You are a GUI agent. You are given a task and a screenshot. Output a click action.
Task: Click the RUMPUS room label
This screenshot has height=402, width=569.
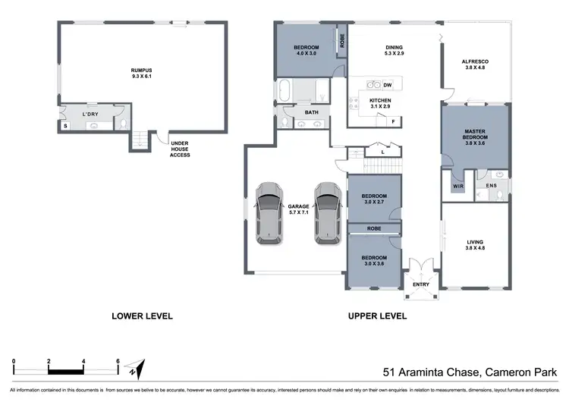(142, 73)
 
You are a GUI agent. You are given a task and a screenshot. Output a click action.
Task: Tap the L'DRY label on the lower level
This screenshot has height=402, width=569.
(90, 115)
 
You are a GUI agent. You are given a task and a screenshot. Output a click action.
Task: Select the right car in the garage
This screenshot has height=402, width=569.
(327, 212)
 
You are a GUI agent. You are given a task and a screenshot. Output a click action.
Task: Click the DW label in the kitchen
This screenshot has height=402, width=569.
(387, 85)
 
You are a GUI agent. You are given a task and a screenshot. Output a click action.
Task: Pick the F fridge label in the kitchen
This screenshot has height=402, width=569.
(394, 121)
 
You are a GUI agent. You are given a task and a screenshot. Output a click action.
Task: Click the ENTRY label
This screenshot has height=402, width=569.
(420, 284)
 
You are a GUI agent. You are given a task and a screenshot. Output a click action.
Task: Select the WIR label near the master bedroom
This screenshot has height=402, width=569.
(457, 184)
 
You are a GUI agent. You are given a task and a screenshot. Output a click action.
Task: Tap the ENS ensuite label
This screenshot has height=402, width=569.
(491, 184)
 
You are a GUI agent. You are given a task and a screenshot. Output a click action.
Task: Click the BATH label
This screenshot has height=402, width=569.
(312, 113)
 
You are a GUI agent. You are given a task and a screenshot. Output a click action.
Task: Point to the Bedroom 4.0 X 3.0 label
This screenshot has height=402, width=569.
(306, 51)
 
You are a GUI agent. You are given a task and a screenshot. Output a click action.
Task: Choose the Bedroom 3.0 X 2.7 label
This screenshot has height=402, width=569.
(373, 199)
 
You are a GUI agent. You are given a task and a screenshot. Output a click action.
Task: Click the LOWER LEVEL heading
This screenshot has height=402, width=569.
(142, 316)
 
